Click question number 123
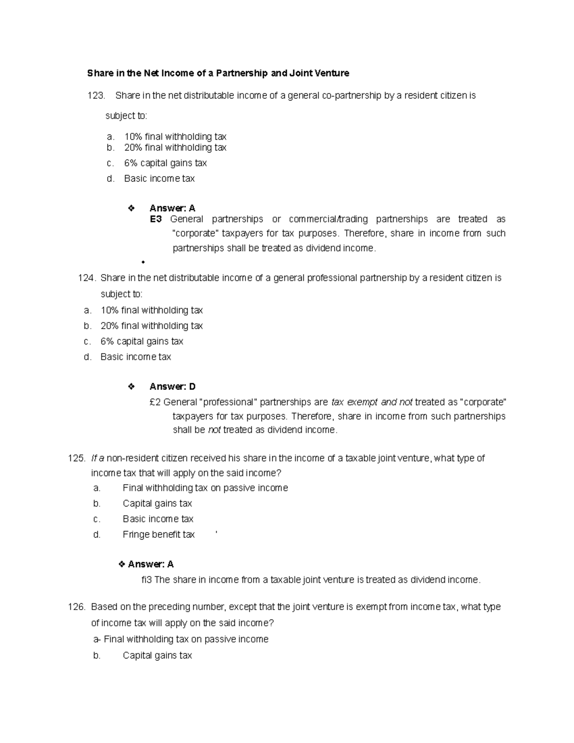point(96,96)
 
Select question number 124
point(87,278)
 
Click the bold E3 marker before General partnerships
point(156,219)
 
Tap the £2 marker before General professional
point(155,402)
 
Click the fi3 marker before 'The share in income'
point(146,580)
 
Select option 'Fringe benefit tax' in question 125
point(158,535)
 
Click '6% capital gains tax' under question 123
point(165,163)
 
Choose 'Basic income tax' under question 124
point(135,357)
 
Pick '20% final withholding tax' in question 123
point(175,148)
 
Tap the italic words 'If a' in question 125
point(98,458)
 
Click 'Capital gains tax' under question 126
point(157,656)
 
